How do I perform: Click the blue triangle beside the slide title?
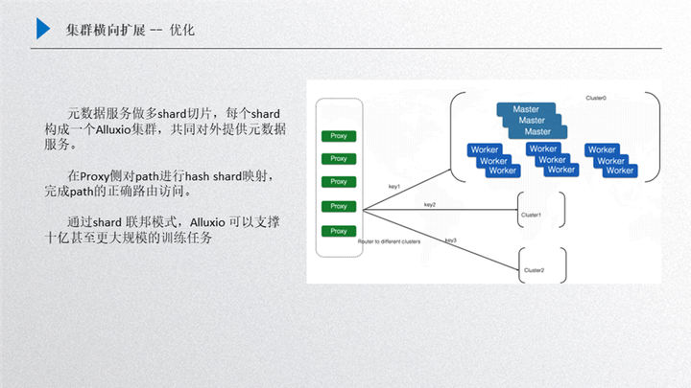point(43,29)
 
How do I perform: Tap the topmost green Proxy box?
point(338,135)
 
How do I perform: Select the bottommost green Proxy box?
point(338,231)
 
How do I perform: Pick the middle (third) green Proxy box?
point(338,182)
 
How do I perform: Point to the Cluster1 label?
point(532,216)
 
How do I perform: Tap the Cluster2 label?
point(534,271)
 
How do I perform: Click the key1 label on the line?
point(393,186)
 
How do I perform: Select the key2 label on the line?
point(429,204)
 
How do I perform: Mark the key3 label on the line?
point(450,240)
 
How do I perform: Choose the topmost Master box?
point(525,110)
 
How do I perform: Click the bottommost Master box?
point(537,132)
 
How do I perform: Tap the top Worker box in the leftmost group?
point(484,150)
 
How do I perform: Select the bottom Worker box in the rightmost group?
point(620,171)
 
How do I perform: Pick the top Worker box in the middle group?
point(543,148)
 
